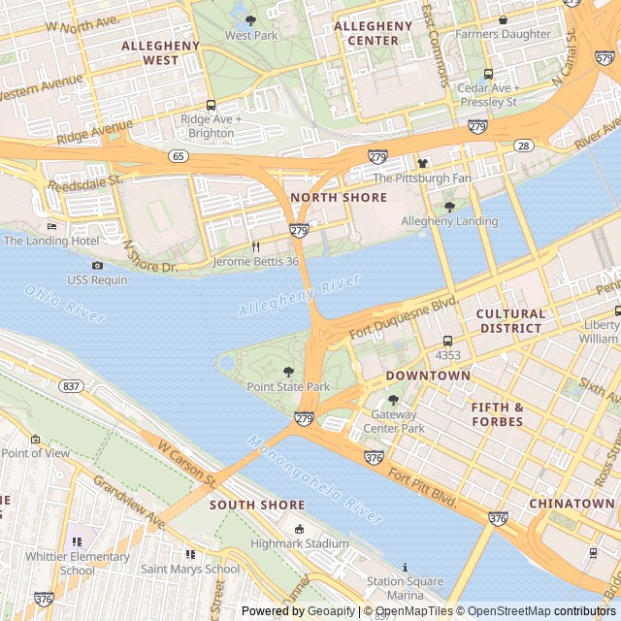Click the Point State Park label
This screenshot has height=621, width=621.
pyautogui.click(x=288, y=386)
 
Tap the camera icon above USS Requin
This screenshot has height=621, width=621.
pyautogui.click(x=97, y=266)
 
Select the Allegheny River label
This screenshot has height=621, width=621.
pyautogui.click(x=299, y=296)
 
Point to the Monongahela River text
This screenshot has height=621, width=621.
pyautogui.click(x=315, y=479)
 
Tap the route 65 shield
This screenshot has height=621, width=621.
pyautogui.click(x=178, y=155)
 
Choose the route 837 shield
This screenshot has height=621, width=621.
pyautogui.click(x=71, y=385)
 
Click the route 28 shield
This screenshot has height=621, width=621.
pyautogui.click(x=523, y=146)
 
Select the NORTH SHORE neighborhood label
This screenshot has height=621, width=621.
pyautogui.click(x=339, y=197)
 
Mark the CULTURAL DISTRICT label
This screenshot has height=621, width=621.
pyautogui.click(x=510, y=321)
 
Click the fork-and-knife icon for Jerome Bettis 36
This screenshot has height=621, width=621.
pyautogui.click(x=256, y=247)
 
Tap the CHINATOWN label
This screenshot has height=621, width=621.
pyautogui.click(x=572, y=504)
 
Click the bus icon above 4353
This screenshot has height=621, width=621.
pyautogui.click(x=447, y=341)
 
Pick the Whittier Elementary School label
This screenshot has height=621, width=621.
pyautogui.click(x=78, y=563)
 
